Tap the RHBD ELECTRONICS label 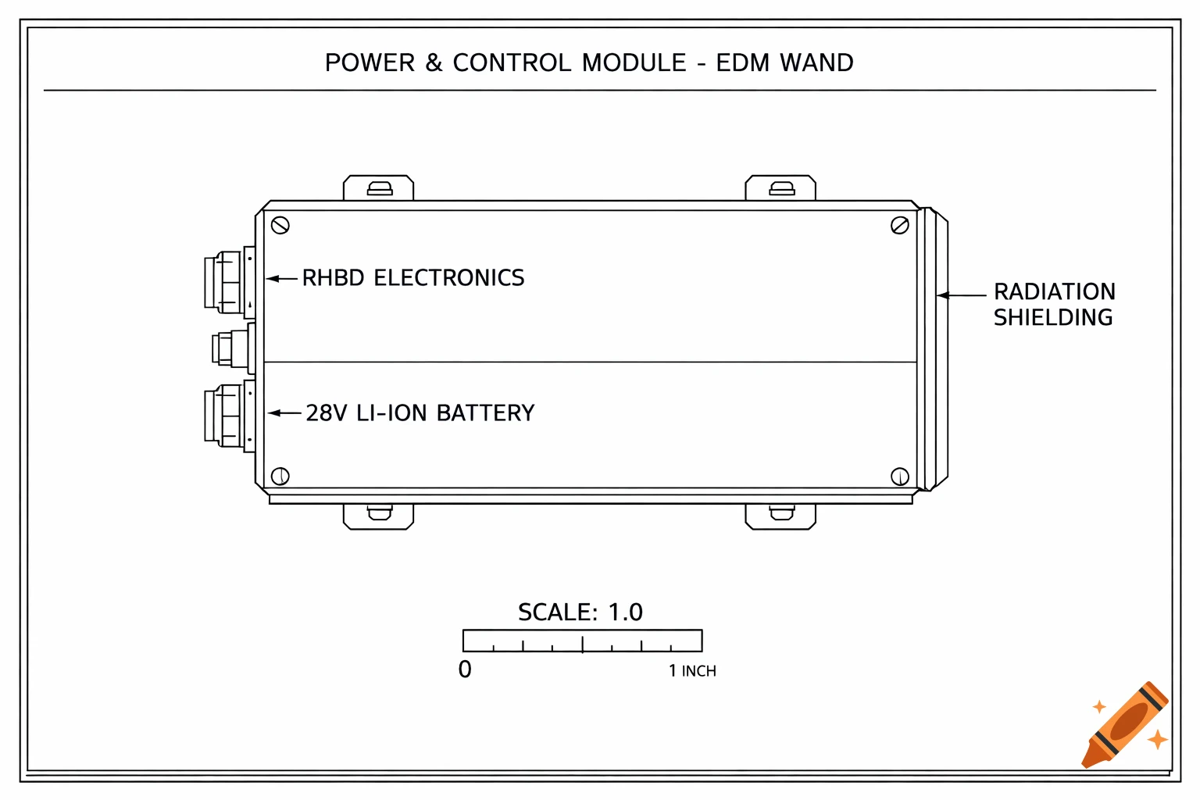[x=412, y=278]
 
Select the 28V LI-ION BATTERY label [x=420, y=413]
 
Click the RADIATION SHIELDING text [x=1053, y=304]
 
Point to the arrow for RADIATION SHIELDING [x=962, y=295]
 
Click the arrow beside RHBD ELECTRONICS [x=282, y=278]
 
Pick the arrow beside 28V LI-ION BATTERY [x=284, y=412]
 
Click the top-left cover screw [x=280, y=226]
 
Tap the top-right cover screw [x=899, y=226]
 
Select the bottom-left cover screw [x=280, y=476]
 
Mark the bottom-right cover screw [x=899, y=476]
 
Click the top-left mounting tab [x=379, y=188]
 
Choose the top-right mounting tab [x=780, y=188]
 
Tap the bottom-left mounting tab [x=379, y=516]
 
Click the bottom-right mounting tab [x=780, y=516]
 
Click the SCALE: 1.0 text [x=580, y=612]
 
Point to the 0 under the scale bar [x=465, y=670]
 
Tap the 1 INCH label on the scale [x=692, y=671]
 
